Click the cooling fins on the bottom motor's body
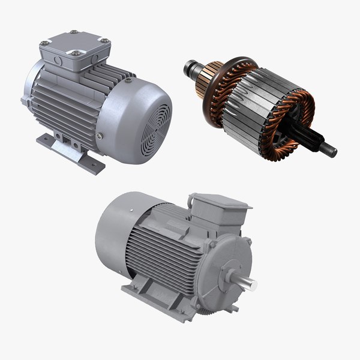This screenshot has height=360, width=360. pyautogui.click(x=171, y=252)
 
